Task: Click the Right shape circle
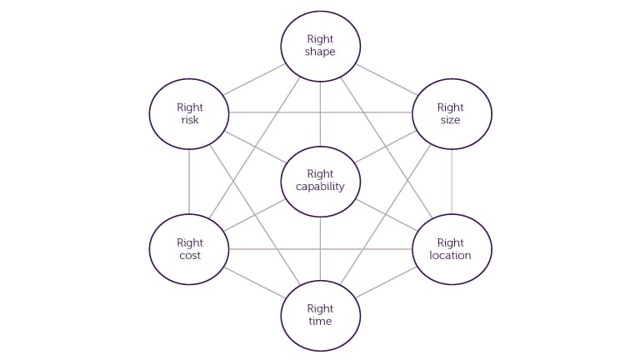(320, 45)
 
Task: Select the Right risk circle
(189, 113)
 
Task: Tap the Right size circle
(452, 113)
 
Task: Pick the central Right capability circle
(320, 181)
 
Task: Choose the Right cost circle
(189, 248)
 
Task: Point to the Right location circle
(452, 248)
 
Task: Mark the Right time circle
(320, 315)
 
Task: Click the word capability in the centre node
(320, 187)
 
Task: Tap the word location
(450, 255)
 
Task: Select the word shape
(320, 52)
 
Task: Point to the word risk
(190, 120)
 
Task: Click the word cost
(190, 255)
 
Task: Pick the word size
(451, 120)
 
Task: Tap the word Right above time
(320, 308)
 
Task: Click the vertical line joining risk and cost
(189, 181)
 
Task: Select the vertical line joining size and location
(452, 181)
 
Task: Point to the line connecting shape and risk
(253, 79)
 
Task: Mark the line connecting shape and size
(387, 79)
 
